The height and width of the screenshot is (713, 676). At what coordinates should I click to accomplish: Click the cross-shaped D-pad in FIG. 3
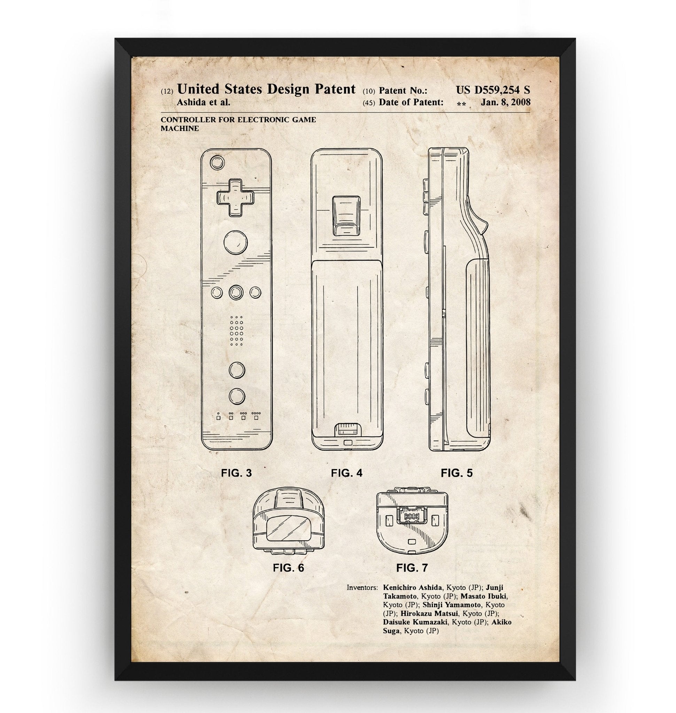pos(235,197)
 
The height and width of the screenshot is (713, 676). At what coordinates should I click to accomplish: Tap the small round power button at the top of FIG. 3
pos(217,163)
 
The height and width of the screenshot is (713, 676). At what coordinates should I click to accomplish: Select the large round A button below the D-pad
pos(235,242)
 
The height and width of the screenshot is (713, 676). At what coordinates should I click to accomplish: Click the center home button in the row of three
pos(236,292)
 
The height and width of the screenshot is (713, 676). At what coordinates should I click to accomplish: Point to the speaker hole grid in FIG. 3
pos(236,331)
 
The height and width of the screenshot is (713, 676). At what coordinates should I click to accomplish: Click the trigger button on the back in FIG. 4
pos(346,216)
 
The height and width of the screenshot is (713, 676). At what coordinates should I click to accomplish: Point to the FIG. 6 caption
pos(288,568)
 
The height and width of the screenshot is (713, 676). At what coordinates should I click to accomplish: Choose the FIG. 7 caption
pos(412,568)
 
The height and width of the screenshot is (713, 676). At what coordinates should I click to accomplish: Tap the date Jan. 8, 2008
pos(506,102)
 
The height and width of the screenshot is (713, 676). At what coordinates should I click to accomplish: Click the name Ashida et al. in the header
pos(203,102)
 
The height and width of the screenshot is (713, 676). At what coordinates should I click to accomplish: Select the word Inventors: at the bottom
pos(362,588)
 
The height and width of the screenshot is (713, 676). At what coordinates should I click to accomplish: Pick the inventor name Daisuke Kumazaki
pos(415,622)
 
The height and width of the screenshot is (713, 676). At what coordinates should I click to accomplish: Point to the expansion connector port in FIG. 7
pos(412,517)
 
